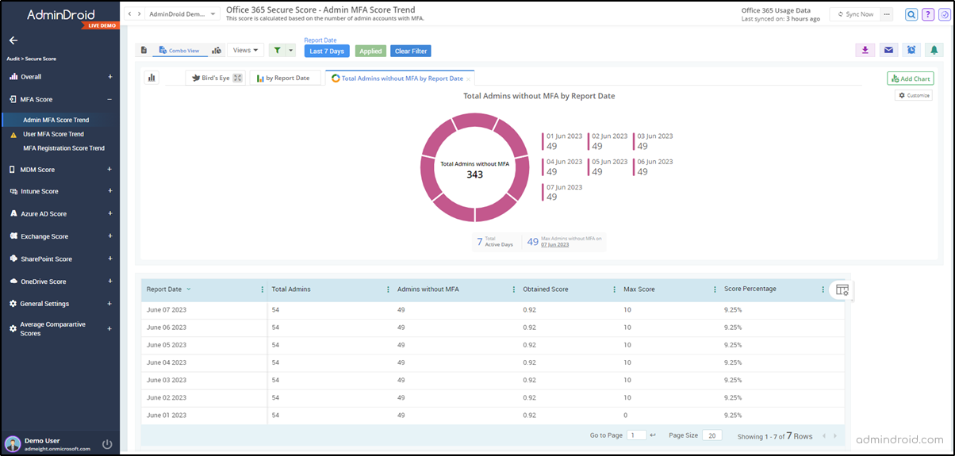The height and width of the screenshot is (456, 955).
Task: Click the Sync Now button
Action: pos(855,14)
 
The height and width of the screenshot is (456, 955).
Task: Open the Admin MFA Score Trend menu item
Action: pos(56,121)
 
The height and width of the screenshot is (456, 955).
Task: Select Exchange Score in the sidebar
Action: pos(44,236)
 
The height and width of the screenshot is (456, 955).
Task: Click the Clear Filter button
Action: pos(411,51)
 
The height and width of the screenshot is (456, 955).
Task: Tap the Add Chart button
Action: pos(910,79)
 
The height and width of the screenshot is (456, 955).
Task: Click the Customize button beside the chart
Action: pos(914,95)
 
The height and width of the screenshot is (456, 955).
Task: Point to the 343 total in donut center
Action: pos(474,174)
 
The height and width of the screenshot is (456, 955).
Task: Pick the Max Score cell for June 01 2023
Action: pos(627,416)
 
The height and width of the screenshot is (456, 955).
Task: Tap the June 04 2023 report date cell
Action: pos(167,362)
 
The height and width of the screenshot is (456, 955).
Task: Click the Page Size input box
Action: pos(711,435)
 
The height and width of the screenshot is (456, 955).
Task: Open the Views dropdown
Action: pos(245,51)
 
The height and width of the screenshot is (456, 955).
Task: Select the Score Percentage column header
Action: pos(750,289)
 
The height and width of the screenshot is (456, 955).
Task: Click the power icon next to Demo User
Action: pos(107,444)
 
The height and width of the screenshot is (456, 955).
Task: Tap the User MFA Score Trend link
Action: pos(53,134)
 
